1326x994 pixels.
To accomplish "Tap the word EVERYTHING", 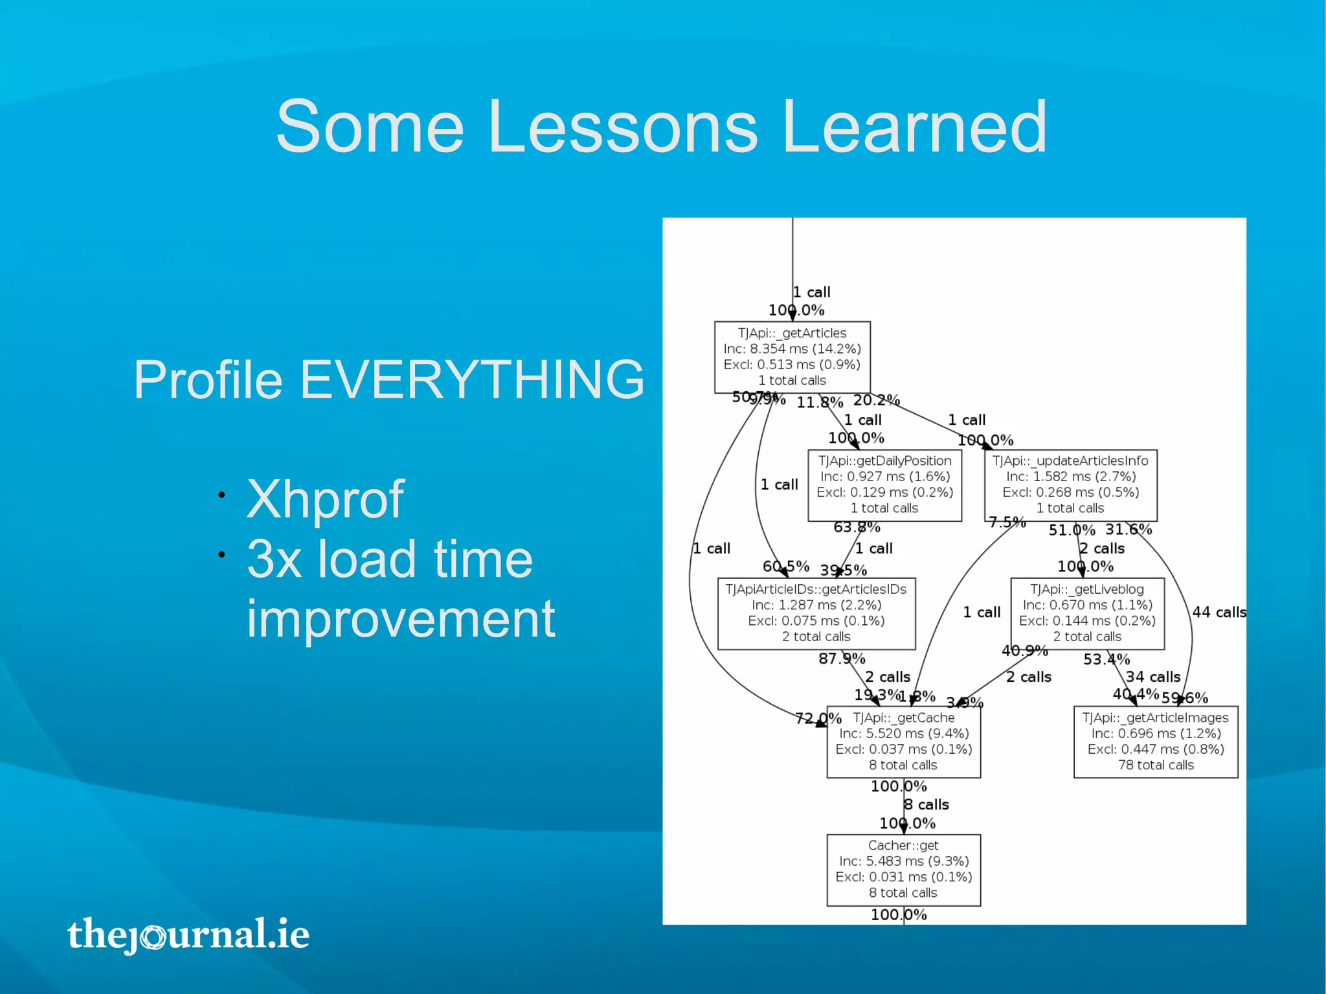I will click(x=471, y=379).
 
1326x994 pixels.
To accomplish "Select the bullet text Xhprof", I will click(x=325, y=499).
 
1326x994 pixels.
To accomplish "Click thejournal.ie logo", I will click(x=188, y=934).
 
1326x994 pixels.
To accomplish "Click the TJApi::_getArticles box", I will click(x=792, y=357).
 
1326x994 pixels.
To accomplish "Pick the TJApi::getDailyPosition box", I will click(x=884, y=485).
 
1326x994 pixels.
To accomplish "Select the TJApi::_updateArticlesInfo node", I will click(x=1070, y=485).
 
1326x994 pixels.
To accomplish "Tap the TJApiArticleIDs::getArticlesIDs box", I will click(x=816, y=613).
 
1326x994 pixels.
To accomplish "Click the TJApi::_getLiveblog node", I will click(x=1087, y=613).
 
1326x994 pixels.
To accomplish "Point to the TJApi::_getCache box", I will click(x=903, y=741).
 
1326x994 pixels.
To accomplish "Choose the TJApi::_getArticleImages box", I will click(x=1156, y=741).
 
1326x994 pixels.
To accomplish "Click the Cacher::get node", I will click(x=903, y=869).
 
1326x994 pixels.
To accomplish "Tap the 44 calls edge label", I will click(x=1219, y=612).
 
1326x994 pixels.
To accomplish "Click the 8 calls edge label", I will click(x=927, y=805).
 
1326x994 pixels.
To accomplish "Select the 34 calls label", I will click(x=1153, y=677).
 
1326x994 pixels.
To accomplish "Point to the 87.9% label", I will click(x=842, y=659).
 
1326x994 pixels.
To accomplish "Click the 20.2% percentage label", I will click(x=877, y=400).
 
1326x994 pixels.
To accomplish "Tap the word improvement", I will click(x=401, y=619).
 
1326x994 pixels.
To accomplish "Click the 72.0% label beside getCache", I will click(x=818, y=718).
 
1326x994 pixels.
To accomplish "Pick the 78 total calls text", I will click(x=1156, y=765).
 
